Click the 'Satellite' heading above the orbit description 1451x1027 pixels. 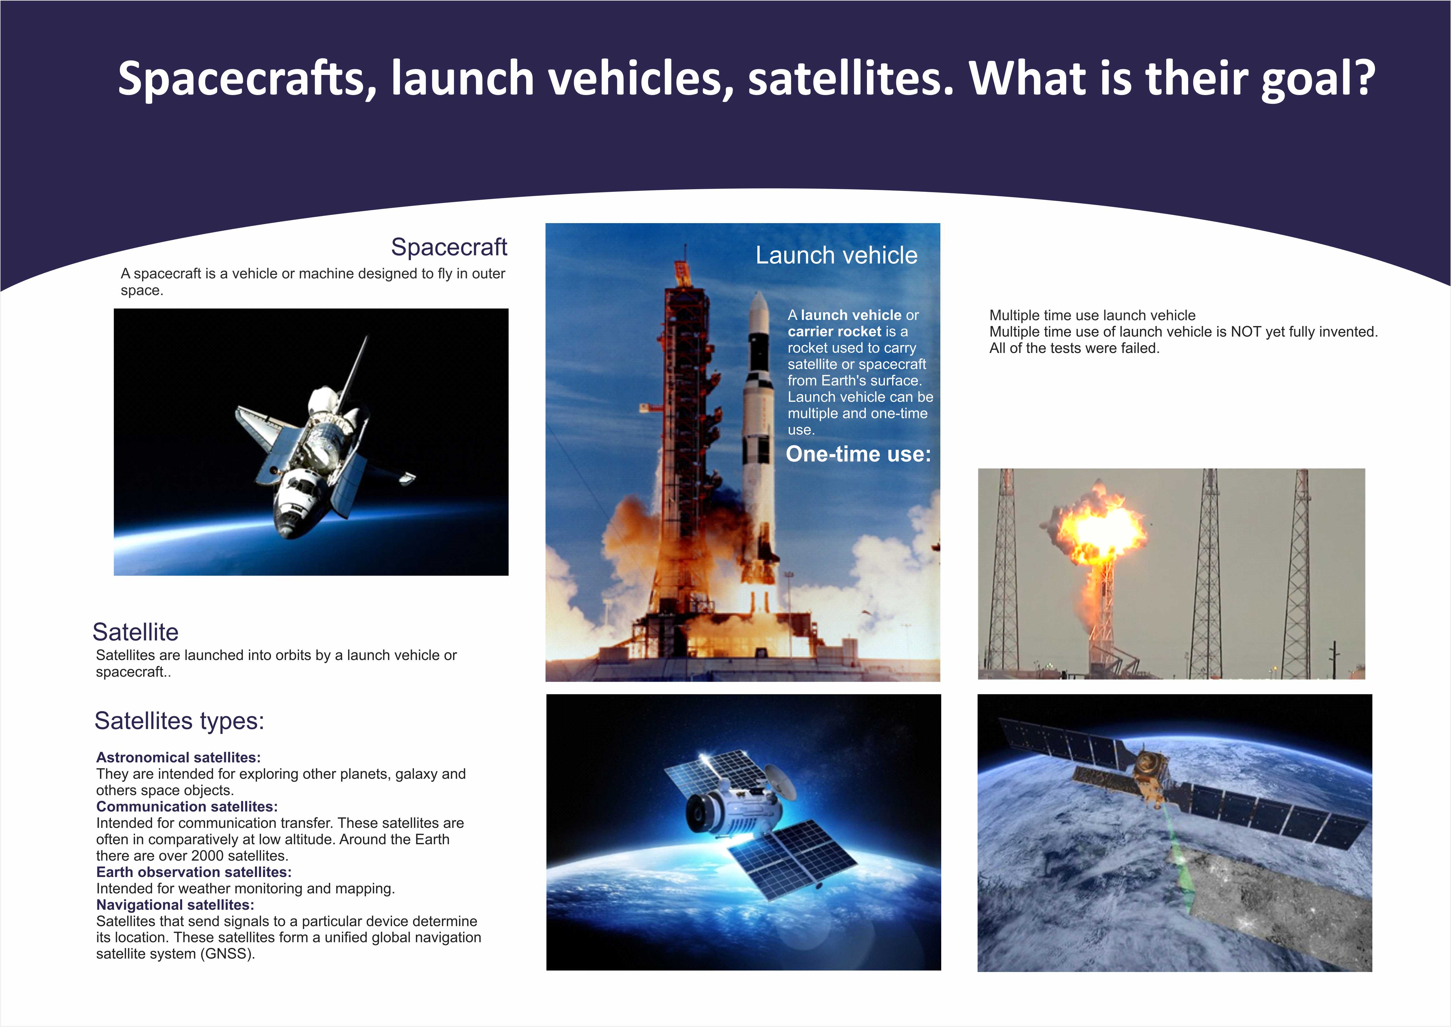(135, 632)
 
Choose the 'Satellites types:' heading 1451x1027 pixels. (179, 720)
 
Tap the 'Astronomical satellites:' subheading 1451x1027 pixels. (178, 758)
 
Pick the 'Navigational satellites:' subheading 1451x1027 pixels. (175, 905)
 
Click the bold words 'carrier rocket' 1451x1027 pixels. (834, 331)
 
